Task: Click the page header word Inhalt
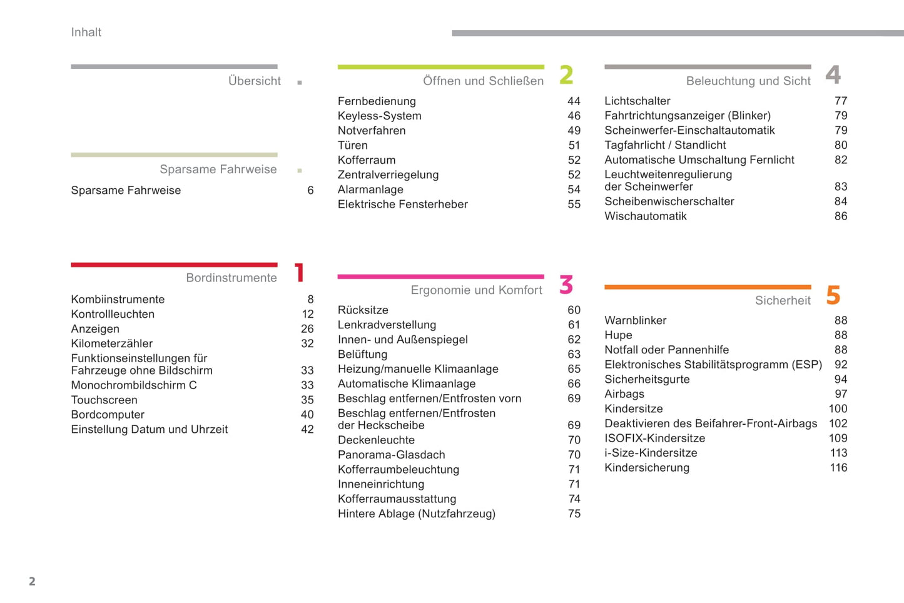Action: pos(86,33)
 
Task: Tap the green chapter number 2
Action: pos(566,75)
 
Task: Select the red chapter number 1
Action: pos(300,273)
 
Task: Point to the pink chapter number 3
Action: pos(566,285)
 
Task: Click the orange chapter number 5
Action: pos(833,295)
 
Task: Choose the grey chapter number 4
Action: pos(833,75)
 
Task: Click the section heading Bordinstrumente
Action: pos(231,278)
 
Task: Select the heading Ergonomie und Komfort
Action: pos(476,290)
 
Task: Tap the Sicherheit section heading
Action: pos(783,301)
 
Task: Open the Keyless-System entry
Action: pos(379,116)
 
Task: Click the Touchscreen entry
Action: pos(104,400)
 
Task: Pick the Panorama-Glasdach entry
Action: pos(391,455)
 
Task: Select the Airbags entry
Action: pos(624,394)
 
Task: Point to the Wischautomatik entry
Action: pos(645,216)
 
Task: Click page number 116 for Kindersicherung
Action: pos(838,468)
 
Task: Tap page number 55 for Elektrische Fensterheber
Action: pos(574,205)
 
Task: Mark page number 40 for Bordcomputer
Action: pos(307,415)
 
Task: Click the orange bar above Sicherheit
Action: pos(707,287)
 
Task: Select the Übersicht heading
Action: pos(254,81)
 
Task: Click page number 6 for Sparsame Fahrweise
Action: pos(310,191)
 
